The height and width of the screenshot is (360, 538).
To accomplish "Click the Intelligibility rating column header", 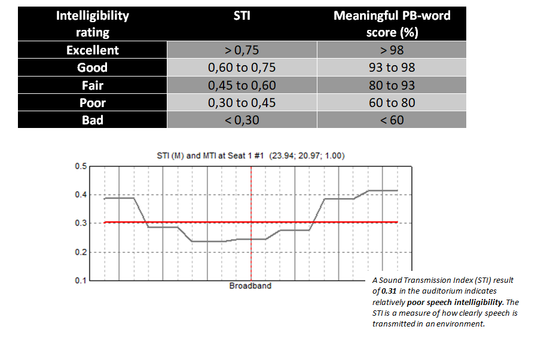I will [x=92, y=23].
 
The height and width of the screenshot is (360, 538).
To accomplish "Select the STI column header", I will [x=242, y=16].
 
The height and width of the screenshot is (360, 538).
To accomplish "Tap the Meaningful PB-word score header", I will [x=392, y=23].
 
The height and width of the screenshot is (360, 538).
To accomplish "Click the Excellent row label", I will [x=92, y=50].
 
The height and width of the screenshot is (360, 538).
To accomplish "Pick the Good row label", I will [x=92, y=68].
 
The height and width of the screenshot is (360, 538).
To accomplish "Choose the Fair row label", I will [x=92, y=85].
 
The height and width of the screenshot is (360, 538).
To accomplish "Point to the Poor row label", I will [x=92, y=102].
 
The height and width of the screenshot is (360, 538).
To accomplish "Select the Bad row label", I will [x=92, y=120].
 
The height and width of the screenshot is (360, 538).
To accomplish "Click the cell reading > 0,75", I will [x=242, y=50].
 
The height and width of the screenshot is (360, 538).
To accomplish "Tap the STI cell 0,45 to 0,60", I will [x=242, y=85].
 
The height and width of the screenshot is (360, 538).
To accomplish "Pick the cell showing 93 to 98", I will [x=392, y=68].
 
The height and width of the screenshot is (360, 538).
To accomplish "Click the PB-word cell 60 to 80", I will [x=392, y=102].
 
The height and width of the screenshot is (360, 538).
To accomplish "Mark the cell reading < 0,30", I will [x=242, y=120].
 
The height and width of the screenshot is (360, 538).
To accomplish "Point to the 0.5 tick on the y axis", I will [x=80, y=166].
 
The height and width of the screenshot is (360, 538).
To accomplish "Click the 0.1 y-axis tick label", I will [x=80, y=280].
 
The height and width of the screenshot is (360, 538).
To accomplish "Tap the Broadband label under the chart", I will [x=250, y=286].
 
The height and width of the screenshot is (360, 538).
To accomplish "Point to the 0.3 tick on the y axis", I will [x=80, y=223].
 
